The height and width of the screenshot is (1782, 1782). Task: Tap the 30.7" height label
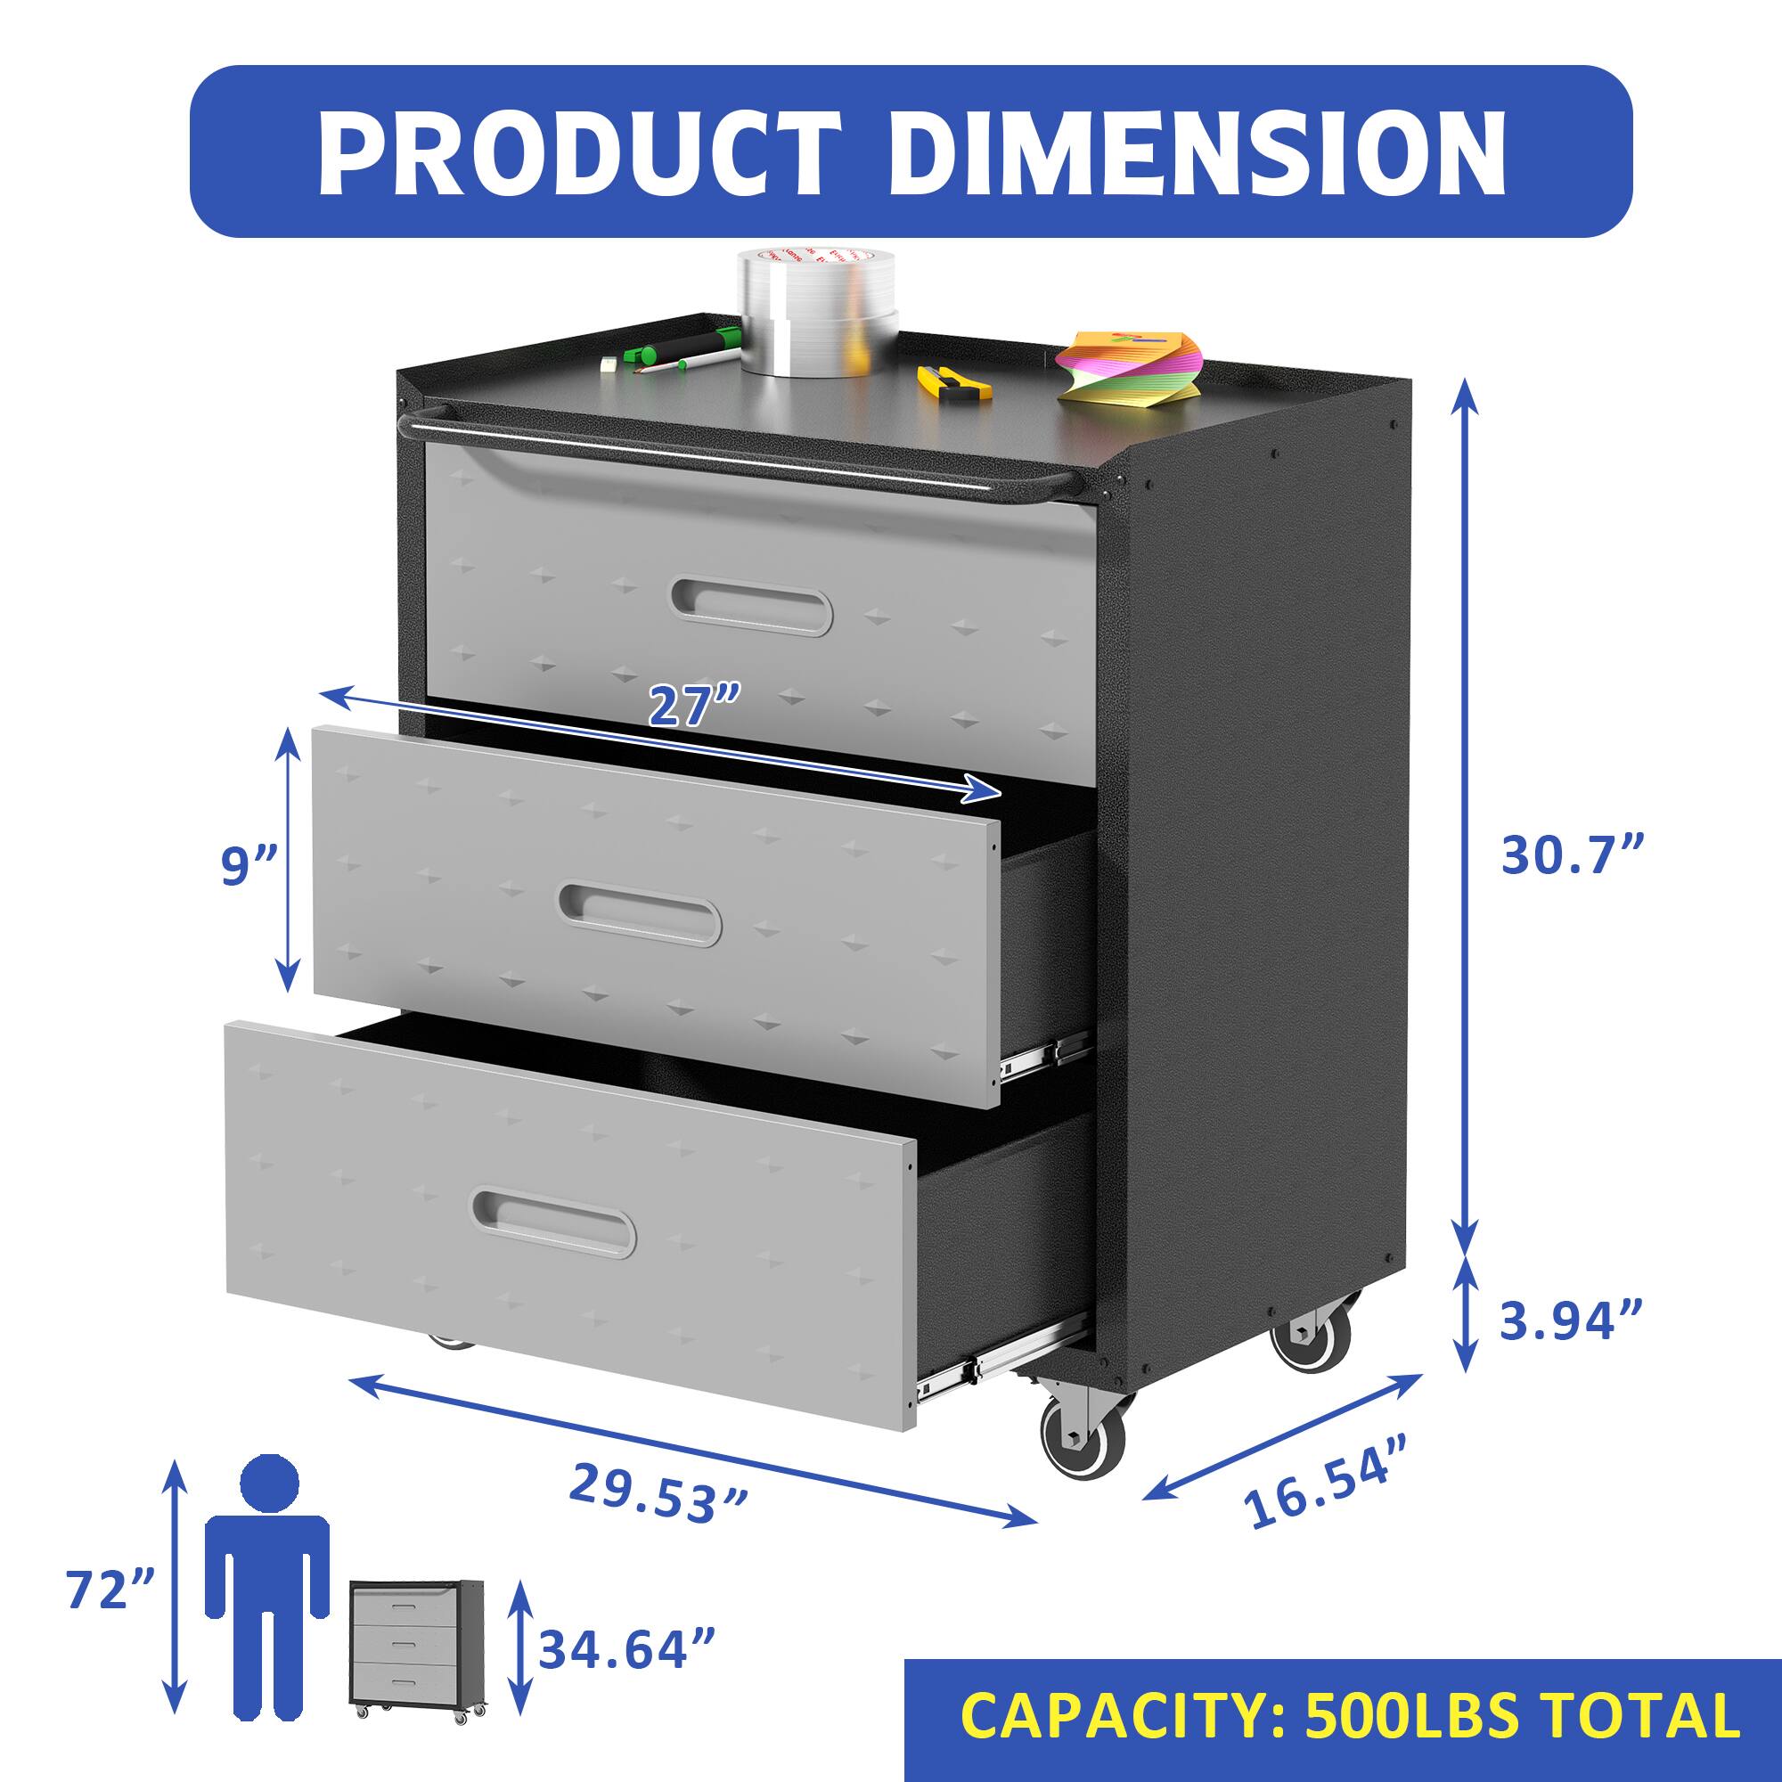click(x=1572, y=855)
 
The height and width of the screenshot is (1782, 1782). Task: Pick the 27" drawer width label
click(x=693, y=707)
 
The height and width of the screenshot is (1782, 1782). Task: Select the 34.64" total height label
click(x=627, y=1649)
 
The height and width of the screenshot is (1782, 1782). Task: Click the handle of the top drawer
click(x=753, y=606)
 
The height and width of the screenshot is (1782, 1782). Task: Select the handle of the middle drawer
click(x=639, y=914)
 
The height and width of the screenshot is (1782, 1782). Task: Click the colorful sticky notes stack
click(x=1129, y=367)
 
